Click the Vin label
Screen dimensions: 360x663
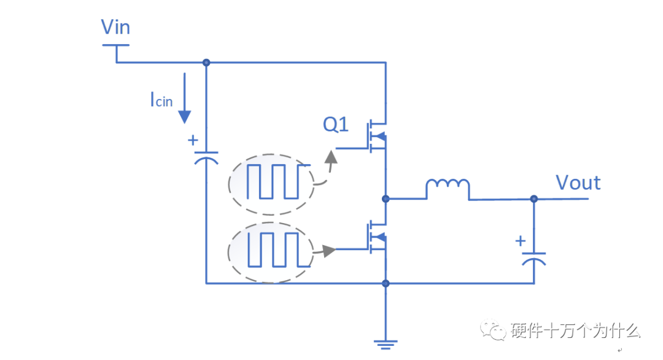[x=115, y=28]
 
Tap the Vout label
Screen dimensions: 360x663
[x=578, y=182]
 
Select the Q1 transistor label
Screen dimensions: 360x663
[x=336, y=125]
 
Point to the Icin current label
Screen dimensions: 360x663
[x=161, y=100]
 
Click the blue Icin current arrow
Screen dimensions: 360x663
[x=184, y=98]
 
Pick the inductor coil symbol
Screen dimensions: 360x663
[x=448, y=185]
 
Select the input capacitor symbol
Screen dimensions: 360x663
[x=206, y=156]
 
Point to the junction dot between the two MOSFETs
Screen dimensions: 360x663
[x=386, y=198]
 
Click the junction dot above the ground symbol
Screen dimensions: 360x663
[x=386, y=283]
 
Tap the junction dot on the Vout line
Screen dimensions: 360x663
[x=533, y=199]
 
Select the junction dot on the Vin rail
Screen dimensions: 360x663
[x=206, y=63]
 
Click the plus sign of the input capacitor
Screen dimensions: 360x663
[x=193, y=140]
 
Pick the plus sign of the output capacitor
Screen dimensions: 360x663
[x=521, y=241]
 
